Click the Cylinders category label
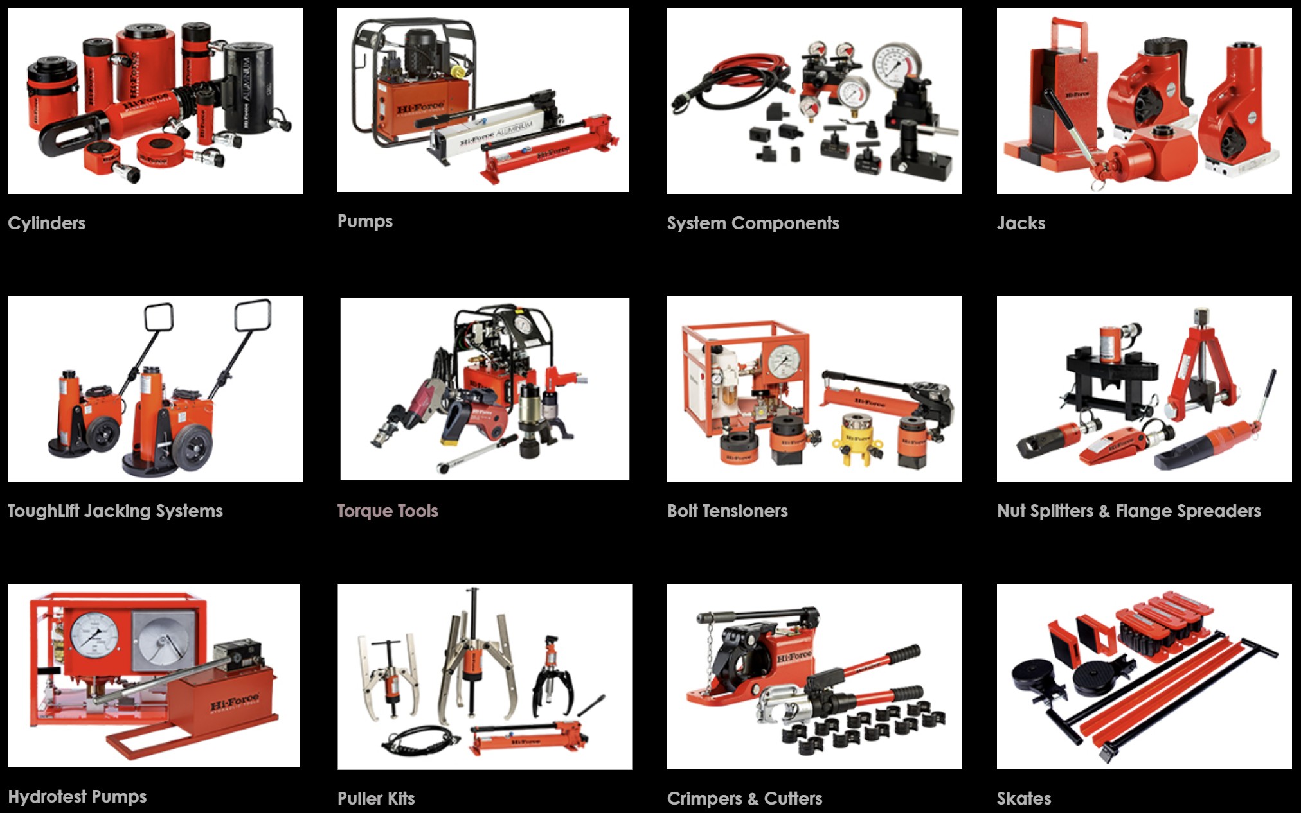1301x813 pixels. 46,223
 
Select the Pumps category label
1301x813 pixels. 364,222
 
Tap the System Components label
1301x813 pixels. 753,223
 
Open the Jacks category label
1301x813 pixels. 1021,223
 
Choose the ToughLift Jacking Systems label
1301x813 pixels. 115,511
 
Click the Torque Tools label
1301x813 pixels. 388,511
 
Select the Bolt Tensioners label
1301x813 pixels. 727,511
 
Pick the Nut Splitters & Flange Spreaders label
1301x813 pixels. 1129,511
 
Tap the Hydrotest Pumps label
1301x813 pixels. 77,797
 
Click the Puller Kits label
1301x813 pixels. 376,799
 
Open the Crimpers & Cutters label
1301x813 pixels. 744,799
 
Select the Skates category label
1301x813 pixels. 1024,799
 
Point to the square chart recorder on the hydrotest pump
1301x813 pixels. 161,639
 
